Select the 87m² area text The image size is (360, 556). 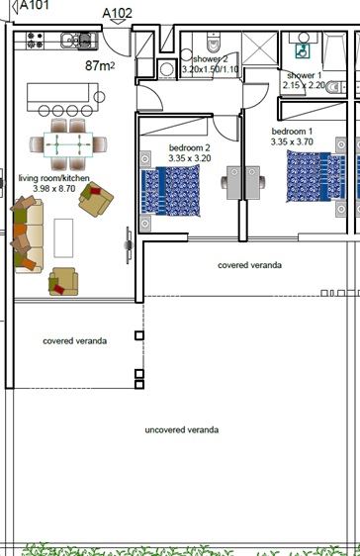100,66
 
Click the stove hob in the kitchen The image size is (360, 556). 33,41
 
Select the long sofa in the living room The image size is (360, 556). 27,236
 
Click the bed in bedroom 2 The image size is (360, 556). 172,190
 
